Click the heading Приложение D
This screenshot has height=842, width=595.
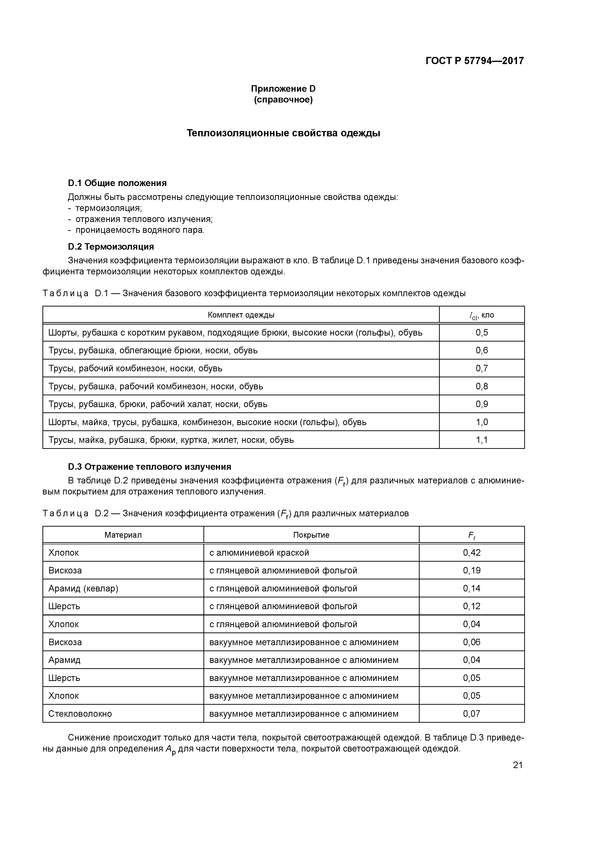tap(283, 89)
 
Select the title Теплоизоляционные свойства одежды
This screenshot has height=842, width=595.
tap(283, 133)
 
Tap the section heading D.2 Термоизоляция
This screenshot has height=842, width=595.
tap(111, 247)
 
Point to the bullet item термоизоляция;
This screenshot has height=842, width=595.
tap(108, 208)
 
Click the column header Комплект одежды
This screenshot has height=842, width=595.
tap(241, 315)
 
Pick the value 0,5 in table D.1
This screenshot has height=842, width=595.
tap(482, 333)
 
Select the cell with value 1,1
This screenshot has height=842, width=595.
tap(482, 440)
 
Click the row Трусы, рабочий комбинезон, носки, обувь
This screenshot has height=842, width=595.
tap(135, 368)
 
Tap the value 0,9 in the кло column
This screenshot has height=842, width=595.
tap(482, 404)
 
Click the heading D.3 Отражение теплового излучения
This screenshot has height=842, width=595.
tap(149, 467)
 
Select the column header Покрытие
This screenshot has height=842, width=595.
tap(311, 535)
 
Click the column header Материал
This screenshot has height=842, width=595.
tap(123, 535)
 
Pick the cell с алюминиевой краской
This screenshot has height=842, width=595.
tap(259, 553)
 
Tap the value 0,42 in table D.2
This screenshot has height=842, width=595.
tap(471, 553)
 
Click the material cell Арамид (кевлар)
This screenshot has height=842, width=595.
tap(83, 588)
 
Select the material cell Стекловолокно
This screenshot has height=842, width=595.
tap(80, 714)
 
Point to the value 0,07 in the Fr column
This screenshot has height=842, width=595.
tap(471, 714)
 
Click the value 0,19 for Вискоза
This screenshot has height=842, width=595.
tap(471, 571)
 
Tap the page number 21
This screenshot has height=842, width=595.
tap(518, 765)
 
